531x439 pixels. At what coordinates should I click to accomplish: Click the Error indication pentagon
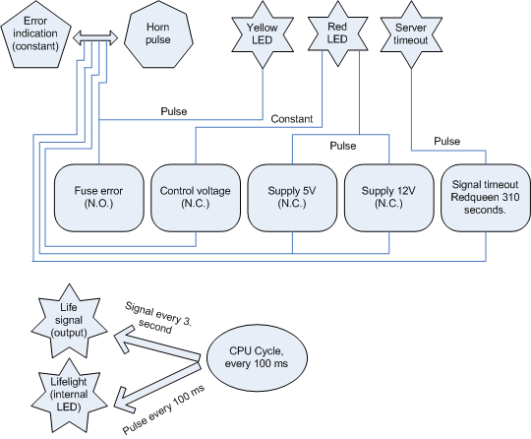point(36,35)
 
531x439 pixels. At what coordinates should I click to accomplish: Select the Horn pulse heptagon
point(158,33)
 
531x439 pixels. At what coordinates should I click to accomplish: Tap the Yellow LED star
point(263,34)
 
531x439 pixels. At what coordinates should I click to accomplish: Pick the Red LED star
point(337,33)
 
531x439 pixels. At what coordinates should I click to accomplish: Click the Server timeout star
point(411,34)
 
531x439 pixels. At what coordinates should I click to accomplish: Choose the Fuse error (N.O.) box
point(99,198)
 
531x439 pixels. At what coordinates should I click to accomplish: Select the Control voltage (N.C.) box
point(196,198)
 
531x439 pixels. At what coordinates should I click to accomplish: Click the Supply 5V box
point(292,198)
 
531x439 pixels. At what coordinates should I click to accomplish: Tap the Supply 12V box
point(388,198)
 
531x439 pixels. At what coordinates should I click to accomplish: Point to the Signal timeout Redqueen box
point(486,198)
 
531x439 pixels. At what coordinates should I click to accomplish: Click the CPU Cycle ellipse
point(257,358)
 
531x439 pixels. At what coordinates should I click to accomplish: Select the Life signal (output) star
point(69,321)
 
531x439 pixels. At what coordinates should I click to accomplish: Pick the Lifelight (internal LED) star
point(69,396)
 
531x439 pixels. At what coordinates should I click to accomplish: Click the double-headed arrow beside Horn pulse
point(95,37)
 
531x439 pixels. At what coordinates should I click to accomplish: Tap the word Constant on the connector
point(292,119)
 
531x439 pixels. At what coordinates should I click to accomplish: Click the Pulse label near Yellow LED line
point(174,111)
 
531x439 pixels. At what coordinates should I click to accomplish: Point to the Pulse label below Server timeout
point(447,141)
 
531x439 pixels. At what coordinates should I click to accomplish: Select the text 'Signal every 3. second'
point(157,318)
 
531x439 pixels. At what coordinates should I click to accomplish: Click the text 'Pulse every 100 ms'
point(164,409)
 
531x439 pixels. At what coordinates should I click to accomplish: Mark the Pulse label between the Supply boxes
point(343,146)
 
